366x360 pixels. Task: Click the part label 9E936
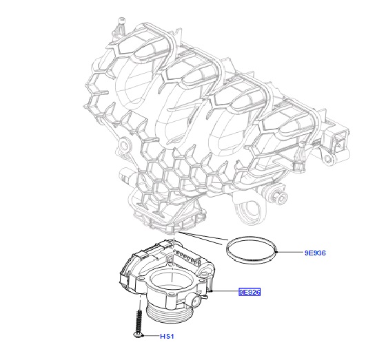[x=315, y=253]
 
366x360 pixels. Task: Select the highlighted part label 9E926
[x=250, y=292]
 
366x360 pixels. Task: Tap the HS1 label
[x=167, y=336]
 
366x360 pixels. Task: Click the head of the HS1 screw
[x=138, y=335]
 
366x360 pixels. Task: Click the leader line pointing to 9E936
[x=289, y=252]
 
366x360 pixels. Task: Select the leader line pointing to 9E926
[x=223, y=291]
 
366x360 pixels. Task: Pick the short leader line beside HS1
[x=150, y=336]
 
